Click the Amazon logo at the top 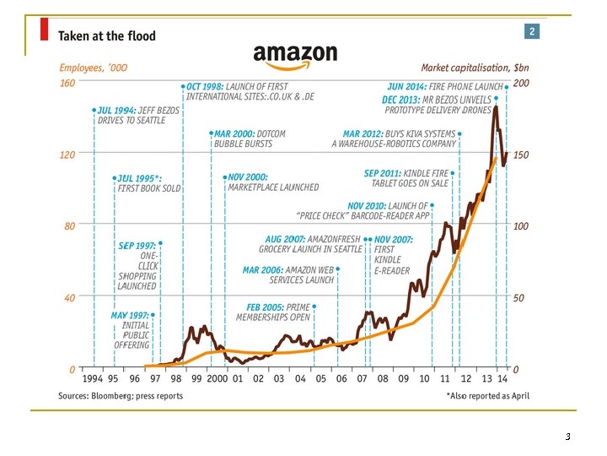click(x=295, y=55)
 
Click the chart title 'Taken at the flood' click(x=106, y=37)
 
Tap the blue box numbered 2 click(x=532, y=31)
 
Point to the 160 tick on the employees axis click(x=67, y=84)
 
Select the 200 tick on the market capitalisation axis click(x=522, y=84)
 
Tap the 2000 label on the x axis click(x=218, y=379)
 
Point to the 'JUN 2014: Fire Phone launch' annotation click(x=444, y=86)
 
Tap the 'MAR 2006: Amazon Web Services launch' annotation click(x=289, y=274)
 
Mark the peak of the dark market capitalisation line click(x=496, y=106)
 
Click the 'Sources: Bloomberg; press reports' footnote click(x=121, y=395)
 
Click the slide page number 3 click(x=567, y=437)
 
